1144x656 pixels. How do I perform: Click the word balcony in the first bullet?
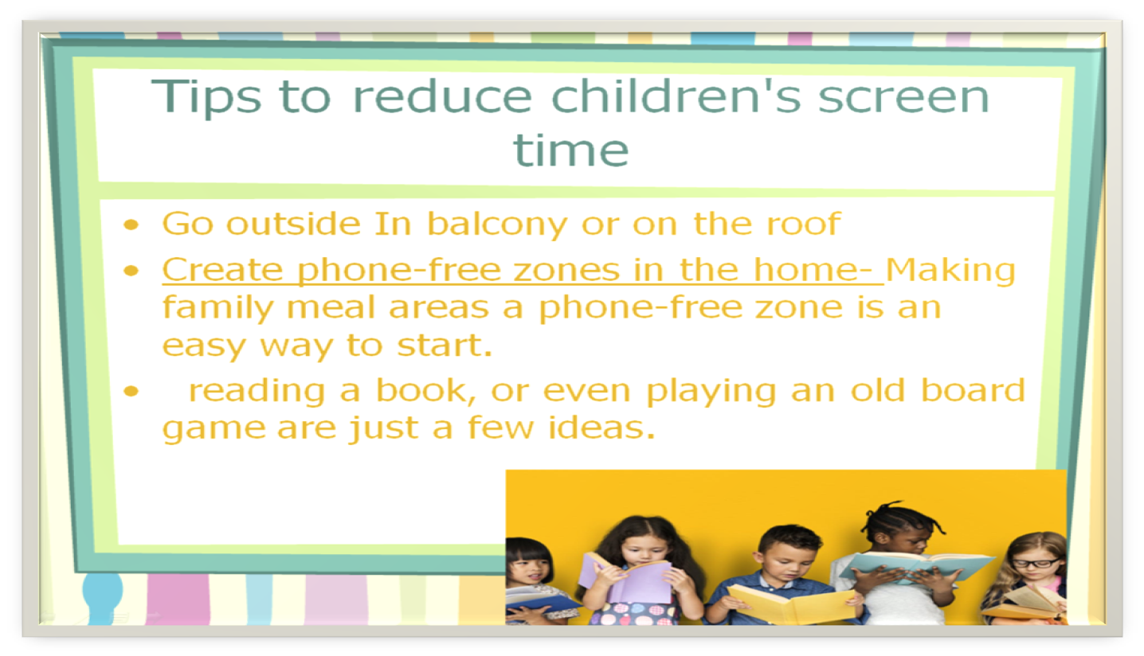497,225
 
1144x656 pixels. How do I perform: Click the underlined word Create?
223,270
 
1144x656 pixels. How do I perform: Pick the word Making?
950,271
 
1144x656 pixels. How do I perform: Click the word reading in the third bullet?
257,392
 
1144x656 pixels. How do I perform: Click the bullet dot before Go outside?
131,225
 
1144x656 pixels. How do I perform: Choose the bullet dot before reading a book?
131,391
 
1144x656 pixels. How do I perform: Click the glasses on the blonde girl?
1036,563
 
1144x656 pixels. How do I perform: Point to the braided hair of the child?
901,518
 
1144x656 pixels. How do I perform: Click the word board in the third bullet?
973,390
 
